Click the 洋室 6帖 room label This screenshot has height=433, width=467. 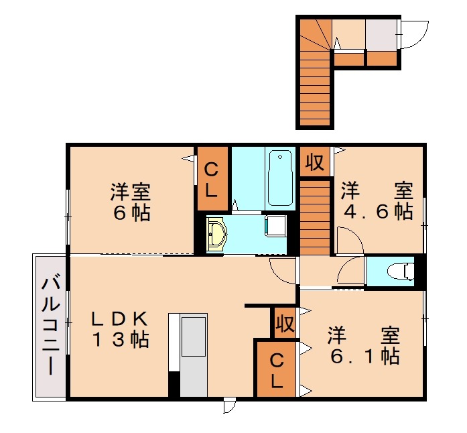click(131, 202)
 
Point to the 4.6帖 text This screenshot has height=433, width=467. click(375, 211)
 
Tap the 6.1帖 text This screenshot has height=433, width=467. click(365, 355)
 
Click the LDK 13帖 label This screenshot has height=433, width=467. click(119, 329)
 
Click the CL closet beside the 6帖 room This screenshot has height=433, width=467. click(211, 178)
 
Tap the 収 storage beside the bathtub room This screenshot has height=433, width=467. click(315, 162)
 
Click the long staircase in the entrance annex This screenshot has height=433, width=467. click(314, 87)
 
